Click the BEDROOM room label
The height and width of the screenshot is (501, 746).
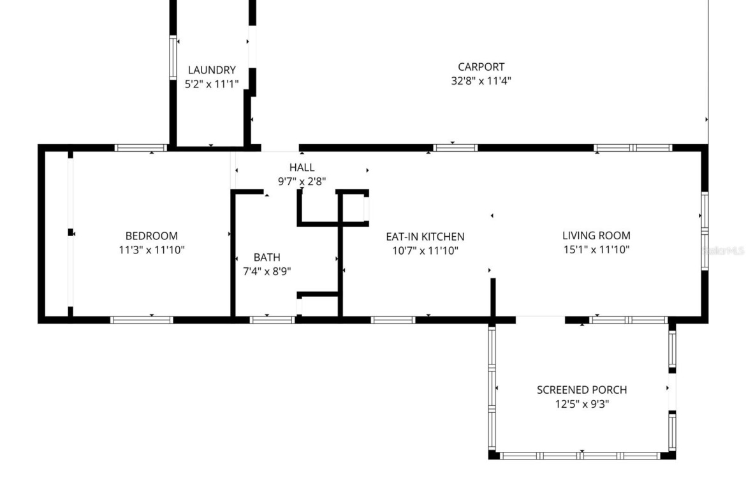(151, 236)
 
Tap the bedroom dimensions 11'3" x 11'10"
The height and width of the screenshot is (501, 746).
(151, 250)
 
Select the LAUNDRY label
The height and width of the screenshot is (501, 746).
(212, 70)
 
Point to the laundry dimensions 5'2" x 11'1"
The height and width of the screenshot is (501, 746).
(212, 84)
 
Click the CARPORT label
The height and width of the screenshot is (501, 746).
(481, 66)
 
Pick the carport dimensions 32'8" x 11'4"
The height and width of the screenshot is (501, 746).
(481, 80)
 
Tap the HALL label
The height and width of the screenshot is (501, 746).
(302, 167)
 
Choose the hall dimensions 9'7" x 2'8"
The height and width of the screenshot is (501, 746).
(302, 181)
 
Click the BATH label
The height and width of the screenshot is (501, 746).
(267, 258)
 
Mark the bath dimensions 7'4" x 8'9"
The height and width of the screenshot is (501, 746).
(267, 271)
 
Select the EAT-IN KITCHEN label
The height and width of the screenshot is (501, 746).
(425, 237)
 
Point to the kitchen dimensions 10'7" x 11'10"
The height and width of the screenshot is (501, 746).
(425, 250)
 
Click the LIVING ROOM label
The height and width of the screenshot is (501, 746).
(596, 236)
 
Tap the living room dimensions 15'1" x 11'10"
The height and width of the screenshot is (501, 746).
(596, 249)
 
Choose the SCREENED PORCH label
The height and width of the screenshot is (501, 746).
(582, 390)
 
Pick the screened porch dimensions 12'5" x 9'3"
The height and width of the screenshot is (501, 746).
(582, 404)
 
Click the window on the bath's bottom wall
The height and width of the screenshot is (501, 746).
(272, 320)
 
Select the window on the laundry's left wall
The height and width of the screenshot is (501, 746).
(173, 57)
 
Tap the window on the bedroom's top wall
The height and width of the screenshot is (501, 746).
(141, 147)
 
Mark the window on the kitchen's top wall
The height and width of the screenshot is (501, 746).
(455, 147)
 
